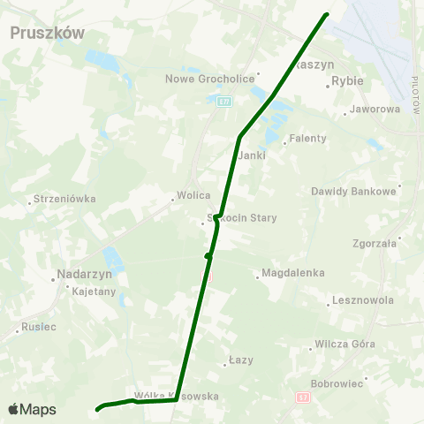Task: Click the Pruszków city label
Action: click(47, 32)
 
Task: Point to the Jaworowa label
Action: click(375, 110)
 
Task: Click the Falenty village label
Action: click(308, 139)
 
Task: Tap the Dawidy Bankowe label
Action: click(353, 191)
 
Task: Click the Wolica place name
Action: click(193, 195)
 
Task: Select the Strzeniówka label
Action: click(64, 199)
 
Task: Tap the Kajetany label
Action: click(94, 291)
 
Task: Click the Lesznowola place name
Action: click(362, 300)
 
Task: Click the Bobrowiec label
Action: click(337, 384)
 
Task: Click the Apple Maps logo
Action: click(32, 409)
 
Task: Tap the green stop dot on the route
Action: click(208, 256)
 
